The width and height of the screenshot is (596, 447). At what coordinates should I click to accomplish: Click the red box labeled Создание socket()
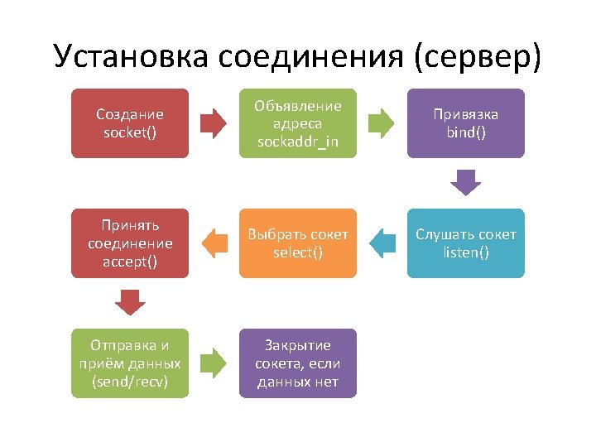pyautogui.click(x=129, y=123)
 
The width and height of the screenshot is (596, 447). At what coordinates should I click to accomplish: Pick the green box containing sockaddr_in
pyautogui.click(x=298, y=123)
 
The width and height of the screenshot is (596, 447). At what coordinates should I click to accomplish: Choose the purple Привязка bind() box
pyautogui.click(x=466, y=123)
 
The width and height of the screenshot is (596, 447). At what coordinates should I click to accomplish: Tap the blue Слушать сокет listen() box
pyautogui.click(x=466, y=243)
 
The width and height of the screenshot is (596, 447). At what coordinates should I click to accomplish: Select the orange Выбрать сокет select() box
pyautogui.click(x=298, y=243)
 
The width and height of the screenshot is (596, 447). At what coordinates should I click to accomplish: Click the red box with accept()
pyautogui.click(x=129, y=243)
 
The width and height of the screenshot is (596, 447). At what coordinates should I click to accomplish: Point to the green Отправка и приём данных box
pyautogui.click(x=129, y=363)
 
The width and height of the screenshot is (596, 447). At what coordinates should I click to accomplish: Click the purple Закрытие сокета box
pyautogui.click(x=298, y=363)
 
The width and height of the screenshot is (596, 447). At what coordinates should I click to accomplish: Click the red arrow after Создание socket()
pyautogui.click(x=213, y=123)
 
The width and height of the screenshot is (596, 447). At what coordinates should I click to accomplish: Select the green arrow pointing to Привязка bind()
pyautogui.click(x=381, y=123)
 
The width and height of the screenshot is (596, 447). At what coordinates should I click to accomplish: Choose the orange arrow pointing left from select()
pyautogui.click(x=214, y=243)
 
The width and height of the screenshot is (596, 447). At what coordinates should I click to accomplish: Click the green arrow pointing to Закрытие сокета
pyautogui.click(x=213, y=363)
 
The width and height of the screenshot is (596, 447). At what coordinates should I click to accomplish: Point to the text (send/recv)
pyautogui.click(x=129, y=382)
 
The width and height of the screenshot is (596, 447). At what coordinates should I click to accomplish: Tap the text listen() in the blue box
pyautogui.click(x=466, y=252)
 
